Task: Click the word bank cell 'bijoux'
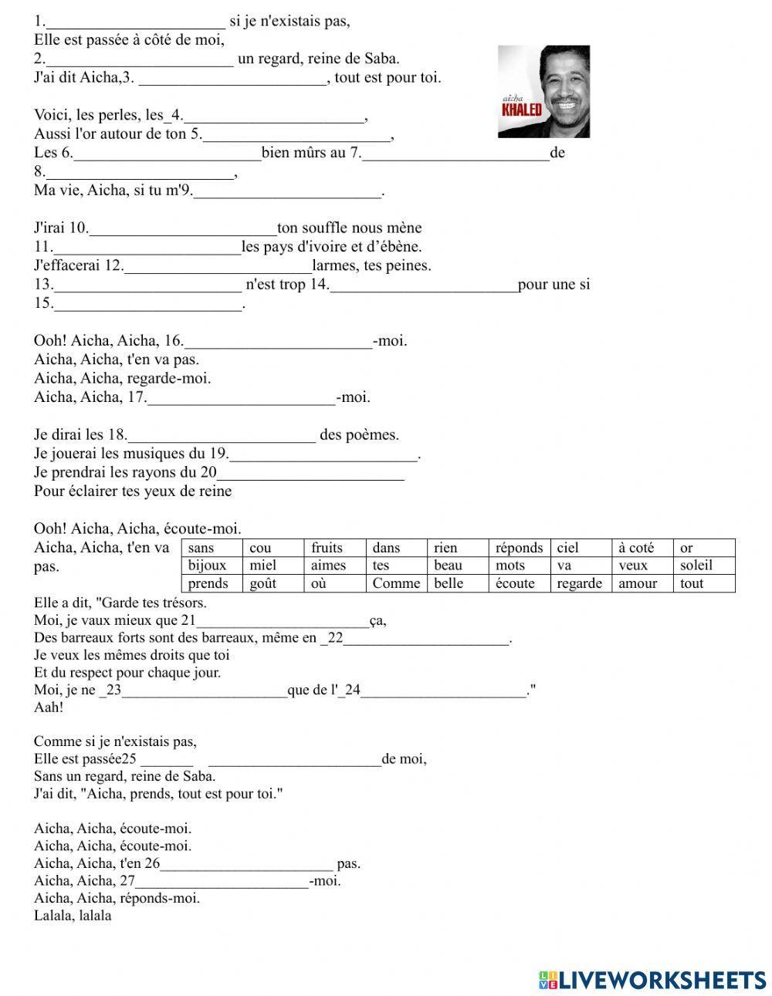[x=207, y=566]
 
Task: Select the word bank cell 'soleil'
[x=696, y=566]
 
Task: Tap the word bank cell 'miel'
[x=263, y=566]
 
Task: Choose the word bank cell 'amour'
[x=638, y=583]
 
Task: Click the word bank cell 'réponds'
[x=519, y=548]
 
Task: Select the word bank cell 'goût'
[x=263, y=583]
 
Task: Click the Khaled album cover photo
[x=543, y=91]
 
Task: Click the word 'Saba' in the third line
[x=381, y=59]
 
